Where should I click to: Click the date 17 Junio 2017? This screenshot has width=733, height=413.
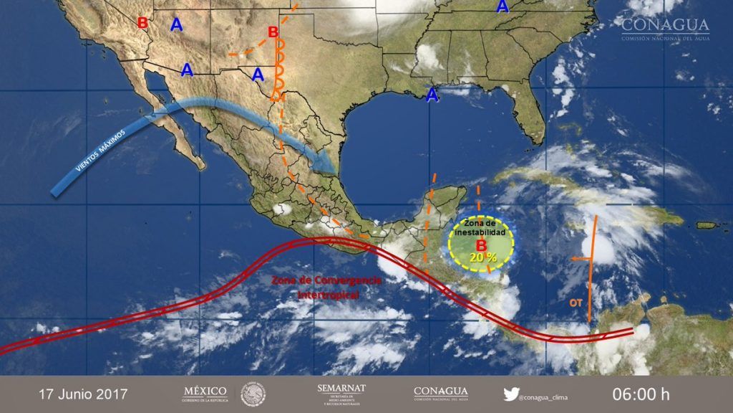[x=83, y=394]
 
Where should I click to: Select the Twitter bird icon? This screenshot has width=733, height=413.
[x=510, y=394]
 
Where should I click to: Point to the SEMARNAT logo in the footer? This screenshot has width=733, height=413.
[x=341, y=394]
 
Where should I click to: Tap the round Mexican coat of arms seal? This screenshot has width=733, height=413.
[x=253, y=394]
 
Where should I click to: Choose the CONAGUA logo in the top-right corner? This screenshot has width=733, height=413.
[x=665, y=29]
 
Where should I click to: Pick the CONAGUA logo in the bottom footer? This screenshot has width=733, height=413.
[x=441, y=394]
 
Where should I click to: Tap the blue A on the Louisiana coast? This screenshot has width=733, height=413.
[x=432, y=95]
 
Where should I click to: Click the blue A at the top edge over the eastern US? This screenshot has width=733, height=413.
[x=503, y=6]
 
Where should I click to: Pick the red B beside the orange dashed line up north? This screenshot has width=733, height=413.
[x=273, y=32]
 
